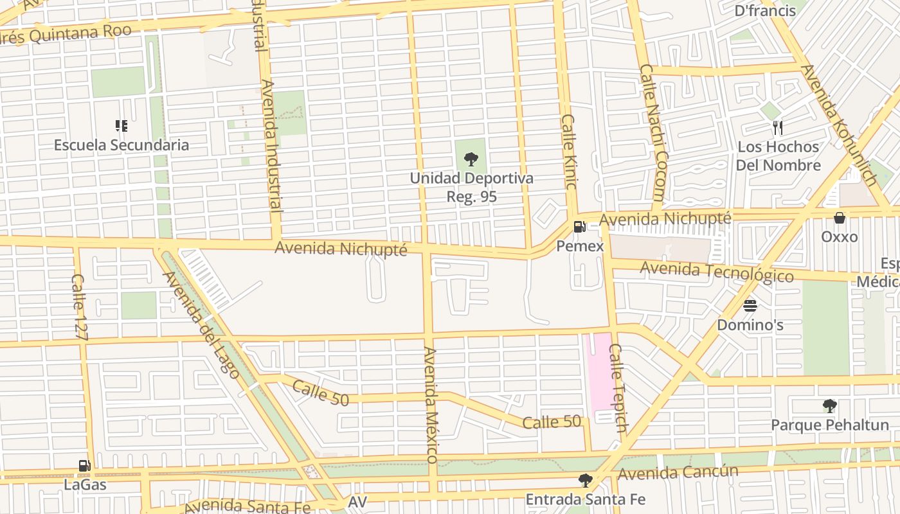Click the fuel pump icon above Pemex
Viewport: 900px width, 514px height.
(x=579, y=227)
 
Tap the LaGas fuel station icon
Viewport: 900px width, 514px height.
(x=84, y=466)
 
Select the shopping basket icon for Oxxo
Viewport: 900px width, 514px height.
(x=839, y=218)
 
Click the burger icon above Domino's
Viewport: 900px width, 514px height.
(x=750, y=306)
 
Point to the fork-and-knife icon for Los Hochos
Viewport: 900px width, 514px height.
(x=778, y=128)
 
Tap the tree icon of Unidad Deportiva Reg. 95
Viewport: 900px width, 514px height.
(x=471, y=159)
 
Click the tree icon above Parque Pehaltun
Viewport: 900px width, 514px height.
(x=829, y=406)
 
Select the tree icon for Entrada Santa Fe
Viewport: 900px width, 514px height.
(x=585, y=480)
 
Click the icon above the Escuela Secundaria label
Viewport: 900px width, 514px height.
(x=121, y=126)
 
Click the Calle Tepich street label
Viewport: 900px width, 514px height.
(x=618, y=388)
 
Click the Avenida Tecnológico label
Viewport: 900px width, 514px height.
(x=717, y=272)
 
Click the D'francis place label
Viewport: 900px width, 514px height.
(x=765, y=10)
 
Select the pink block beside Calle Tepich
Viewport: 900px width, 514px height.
(x=599, y=373)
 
